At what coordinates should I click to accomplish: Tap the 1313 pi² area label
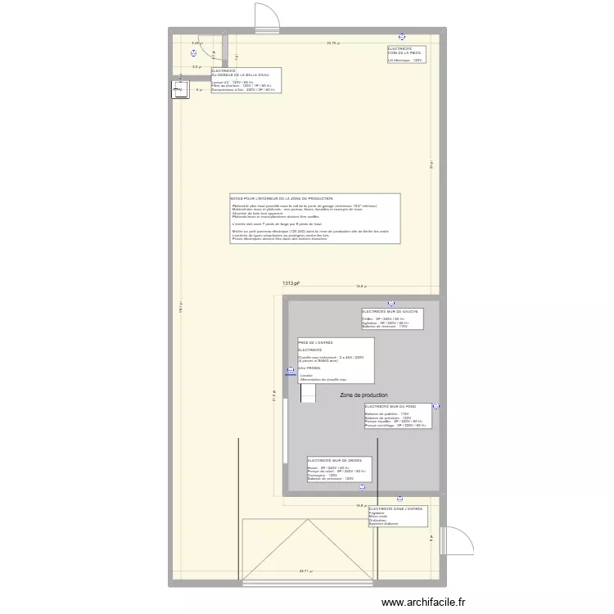pos(291,283)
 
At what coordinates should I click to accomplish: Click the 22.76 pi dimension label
pos(333,43)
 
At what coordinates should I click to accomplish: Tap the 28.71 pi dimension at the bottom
pos(305,571)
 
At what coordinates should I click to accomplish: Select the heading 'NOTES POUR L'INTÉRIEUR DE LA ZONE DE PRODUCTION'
pos(282,199)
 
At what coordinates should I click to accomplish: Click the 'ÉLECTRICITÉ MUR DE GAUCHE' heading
pos(386,312)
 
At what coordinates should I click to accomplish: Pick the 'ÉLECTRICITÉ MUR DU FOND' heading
pos(390,406)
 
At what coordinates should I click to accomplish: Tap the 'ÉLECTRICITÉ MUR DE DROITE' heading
pos(334,461)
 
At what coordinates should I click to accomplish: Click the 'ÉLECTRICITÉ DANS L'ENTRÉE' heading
pos(396,508)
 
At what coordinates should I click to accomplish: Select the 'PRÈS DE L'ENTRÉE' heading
pos(316,342)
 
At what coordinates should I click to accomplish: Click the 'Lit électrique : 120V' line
pos(405,60)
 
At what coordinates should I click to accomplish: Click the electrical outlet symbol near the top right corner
pos(401,36)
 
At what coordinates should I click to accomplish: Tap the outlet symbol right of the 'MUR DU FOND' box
pos(436,407)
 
